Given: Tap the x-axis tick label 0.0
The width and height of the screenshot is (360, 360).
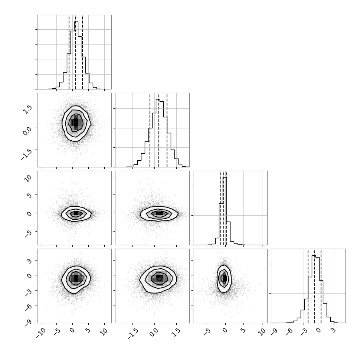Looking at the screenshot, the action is (154, 332).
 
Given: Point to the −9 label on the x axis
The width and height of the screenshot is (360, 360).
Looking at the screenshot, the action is (274, 331).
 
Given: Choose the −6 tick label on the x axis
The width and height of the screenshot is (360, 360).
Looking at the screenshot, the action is (289, 331).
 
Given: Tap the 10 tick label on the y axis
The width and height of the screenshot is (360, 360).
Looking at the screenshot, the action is (28, 178).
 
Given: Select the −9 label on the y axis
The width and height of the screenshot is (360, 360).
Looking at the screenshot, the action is (28, 323).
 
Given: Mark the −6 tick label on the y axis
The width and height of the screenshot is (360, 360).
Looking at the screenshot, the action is (28, 308).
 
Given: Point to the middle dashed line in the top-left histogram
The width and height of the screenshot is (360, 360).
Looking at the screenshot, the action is (76, 52).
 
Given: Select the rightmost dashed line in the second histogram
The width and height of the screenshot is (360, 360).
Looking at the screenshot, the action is (167, 130).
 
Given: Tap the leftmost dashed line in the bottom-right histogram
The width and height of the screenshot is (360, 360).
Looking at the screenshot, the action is (308, 286).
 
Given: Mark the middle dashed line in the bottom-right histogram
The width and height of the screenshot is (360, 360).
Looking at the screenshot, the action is (315, 286).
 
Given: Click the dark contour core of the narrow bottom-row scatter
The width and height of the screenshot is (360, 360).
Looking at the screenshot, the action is (224, 278).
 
